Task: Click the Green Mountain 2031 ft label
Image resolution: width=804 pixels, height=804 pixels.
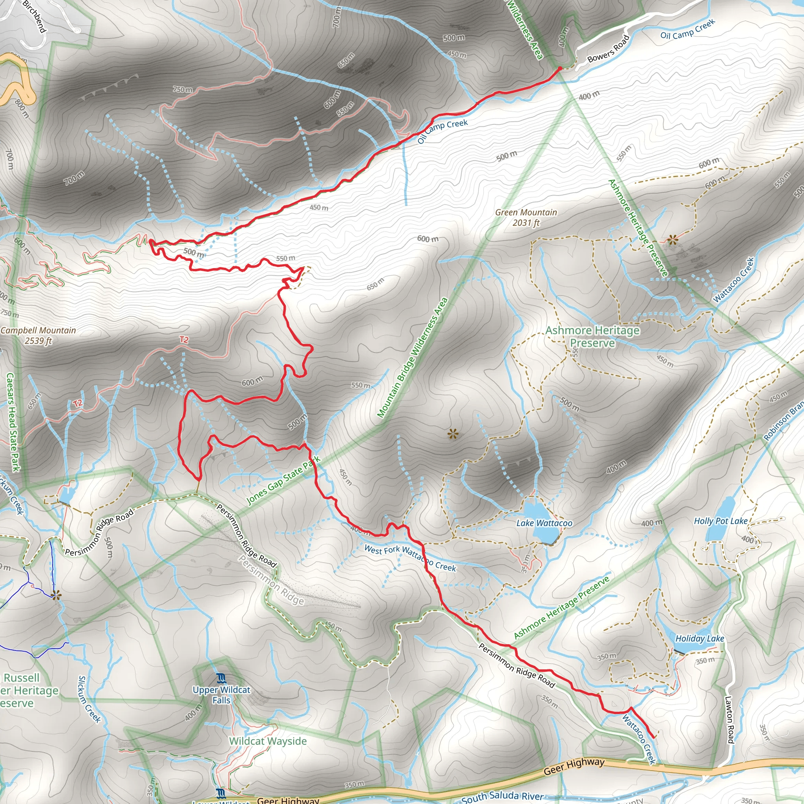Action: coord(526,217)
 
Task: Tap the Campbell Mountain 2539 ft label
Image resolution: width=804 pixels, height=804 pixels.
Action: coord(38,335)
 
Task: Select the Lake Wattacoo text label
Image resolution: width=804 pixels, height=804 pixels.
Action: coord(545,523)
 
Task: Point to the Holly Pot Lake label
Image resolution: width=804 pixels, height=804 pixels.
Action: coord(720,521)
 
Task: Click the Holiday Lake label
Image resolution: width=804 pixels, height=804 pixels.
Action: coord(700,638)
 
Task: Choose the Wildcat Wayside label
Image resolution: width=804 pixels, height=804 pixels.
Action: coord(268,741)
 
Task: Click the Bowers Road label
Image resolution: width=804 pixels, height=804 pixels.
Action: coord(608,49)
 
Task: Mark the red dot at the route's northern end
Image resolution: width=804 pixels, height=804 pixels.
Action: coord(560,68)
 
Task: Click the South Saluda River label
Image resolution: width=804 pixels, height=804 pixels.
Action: coord(502,797)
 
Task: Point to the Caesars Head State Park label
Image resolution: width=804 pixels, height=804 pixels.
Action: coord(13,422)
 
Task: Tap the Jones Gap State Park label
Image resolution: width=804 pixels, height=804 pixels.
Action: coord(283,481)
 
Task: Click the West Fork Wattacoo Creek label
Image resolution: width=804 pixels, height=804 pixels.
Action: coord(410,558)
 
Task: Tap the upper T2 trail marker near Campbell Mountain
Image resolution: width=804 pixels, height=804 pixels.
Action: coord(184,340)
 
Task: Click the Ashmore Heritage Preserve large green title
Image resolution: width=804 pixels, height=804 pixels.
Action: coord(592,336)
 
